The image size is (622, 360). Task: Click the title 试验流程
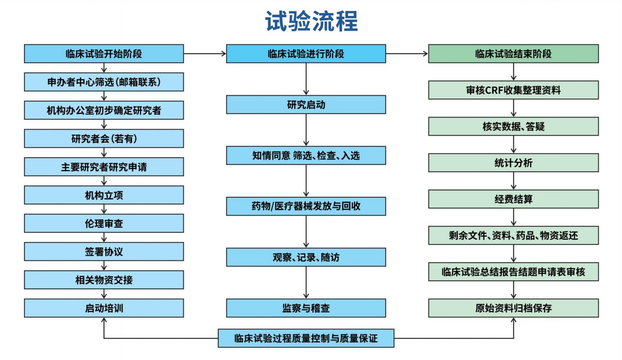point(311,21)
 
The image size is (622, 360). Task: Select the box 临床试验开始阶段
point(104,54)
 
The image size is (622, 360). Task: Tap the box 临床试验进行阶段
point(306,54)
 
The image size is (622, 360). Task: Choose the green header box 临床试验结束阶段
point(513,54)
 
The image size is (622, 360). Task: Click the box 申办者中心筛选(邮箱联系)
point(104,82)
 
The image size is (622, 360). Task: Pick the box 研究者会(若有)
point(104,138)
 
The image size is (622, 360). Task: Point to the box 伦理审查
point(104,223)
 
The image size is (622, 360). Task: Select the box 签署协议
point(104,252)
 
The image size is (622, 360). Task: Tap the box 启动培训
point(104,308)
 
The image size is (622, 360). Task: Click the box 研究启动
point(306,105)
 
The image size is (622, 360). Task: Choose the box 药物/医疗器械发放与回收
point(306,206)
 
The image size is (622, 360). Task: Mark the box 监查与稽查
point(306,308)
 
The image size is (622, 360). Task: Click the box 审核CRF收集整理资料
point(513,90)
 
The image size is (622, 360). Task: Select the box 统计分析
point(513,163)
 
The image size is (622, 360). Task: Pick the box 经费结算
point(513,199)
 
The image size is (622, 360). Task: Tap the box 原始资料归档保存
point(513,308)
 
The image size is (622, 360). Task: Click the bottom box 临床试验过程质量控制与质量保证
point(306,338)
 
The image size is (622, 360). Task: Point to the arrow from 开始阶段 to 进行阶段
point(205,54)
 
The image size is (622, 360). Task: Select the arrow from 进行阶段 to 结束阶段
point(407,54)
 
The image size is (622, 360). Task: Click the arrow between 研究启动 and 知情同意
point(306,130)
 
